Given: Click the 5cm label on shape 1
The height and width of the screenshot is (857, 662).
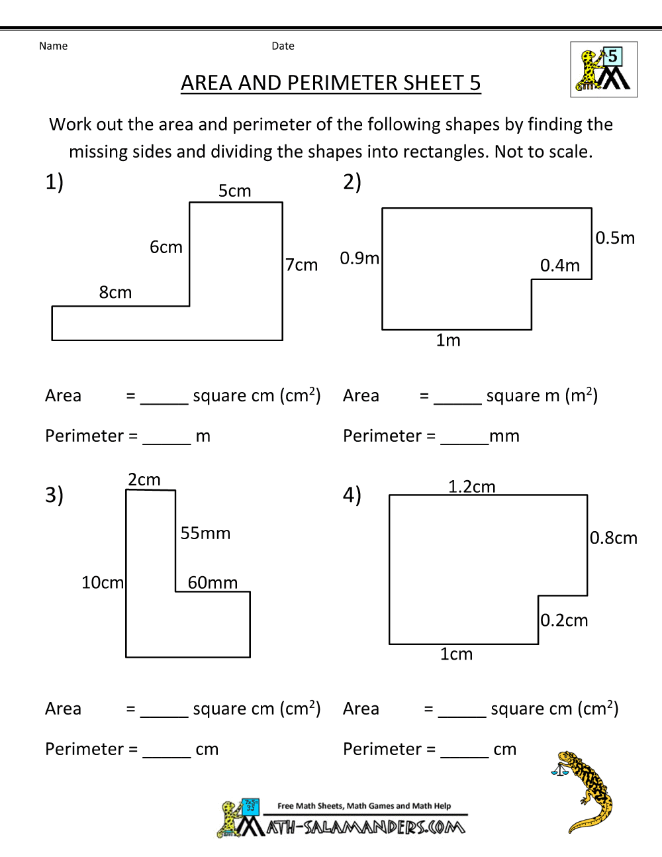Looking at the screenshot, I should [235, 191].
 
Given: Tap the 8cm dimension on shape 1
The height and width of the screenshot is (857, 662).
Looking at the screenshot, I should [115, 292].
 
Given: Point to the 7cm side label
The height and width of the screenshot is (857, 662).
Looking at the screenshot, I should [302, 265].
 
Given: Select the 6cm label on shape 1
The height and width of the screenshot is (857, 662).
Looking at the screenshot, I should [165, 247].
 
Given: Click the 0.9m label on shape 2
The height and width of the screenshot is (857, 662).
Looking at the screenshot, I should [359, 258].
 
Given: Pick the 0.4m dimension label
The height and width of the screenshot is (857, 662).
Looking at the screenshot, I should [560, 266].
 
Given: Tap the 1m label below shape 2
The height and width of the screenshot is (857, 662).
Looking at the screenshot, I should [448, 340].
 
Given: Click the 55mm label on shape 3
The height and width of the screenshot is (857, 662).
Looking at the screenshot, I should [205, 533].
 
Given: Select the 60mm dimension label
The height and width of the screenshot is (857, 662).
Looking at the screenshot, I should [213, 582].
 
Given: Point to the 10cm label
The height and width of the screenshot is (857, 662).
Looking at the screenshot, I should [103, 582].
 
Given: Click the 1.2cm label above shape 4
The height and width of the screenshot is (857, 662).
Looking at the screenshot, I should [471, 487].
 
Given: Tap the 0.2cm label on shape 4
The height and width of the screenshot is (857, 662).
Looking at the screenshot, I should [564, 621].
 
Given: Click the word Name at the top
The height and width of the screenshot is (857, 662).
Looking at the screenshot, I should [53, 46].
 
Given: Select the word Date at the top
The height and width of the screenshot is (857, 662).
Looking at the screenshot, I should [283, 46].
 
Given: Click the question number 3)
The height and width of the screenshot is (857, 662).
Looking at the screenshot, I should [54, 495].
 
